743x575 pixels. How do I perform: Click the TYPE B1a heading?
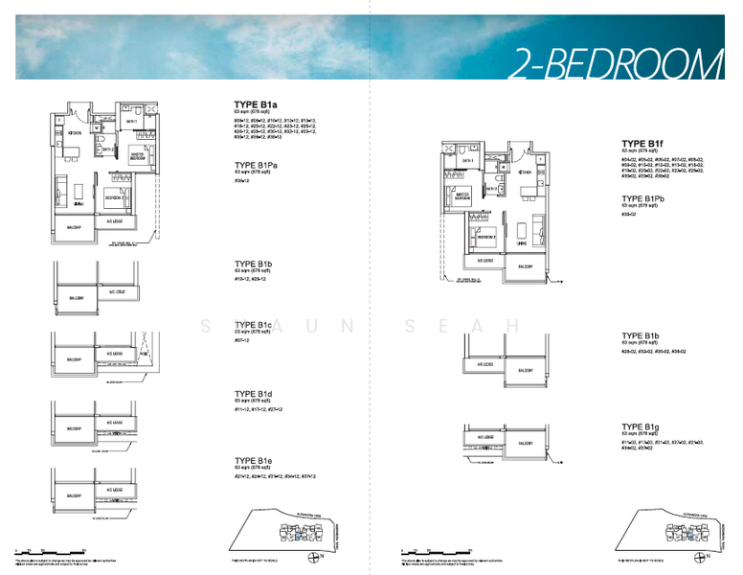click(256, 104)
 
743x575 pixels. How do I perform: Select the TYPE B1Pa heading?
click(259, 163)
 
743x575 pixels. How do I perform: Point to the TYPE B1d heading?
click(255, 394)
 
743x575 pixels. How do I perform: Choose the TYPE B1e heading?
click(255, 461)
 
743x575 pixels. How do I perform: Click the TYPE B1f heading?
click(642, 143)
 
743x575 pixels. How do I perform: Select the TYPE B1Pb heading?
click(644, 198)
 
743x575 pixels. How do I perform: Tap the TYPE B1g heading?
click(642, 426)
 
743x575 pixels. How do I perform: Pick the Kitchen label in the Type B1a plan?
click(74, 133)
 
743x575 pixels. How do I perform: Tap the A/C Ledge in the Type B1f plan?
click(484, 261)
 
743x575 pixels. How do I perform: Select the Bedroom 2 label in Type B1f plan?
click(485, 237)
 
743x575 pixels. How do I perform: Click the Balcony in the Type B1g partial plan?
click(525, 444)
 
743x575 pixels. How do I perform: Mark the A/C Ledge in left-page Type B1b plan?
click(116, 292)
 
